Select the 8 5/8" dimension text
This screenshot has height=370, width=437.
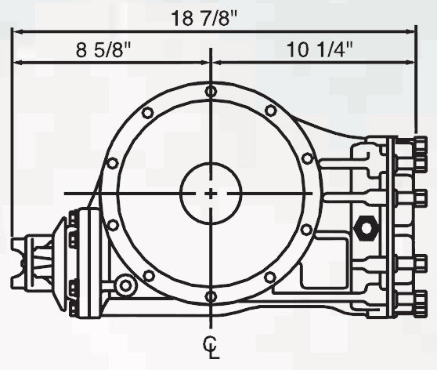pos(103,51)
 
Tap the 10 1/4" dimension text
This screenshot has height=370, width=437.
pos(320,51)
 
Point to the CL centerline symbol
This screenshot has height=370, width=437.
pos(211,346)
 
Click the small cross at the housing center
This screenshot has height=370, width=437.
pos(211,193)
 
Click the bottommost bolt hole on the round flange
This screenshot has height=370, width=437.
pos(211,296)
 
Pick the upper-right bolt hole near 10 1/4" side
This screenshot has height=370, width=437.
pos(270,111)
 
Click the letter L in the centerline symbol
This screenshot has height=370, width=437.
pos(212,352)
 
